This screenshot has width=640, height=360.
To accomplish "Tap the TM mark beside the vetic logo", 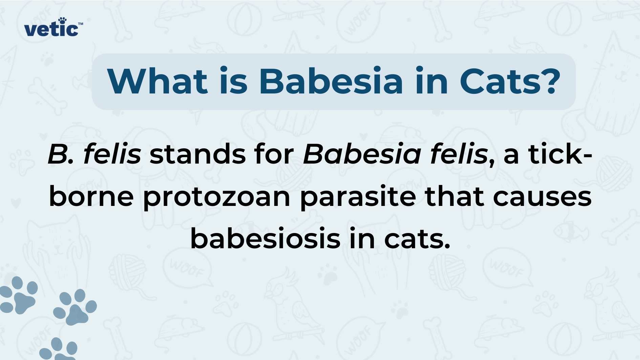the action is click(81, 24).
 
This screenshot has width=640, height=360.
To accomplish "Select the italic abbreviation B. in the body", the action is click(61, 154).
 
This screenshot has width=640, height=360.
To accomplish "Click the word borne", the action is click(91, 196).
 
